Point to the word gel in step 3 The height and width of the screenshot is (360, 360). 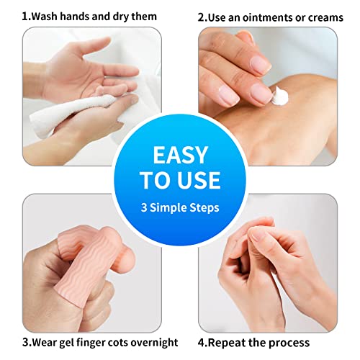[60, 343]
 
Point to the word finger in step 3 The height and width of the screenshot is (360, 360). [84, 343]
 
